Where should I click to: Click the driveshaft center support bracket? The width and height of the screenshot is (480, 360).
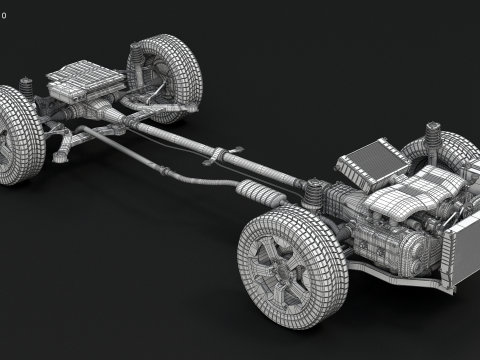pyautogui.click(x=219, y=157)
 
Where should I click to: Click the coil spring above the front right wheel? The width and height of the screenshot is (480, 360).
pyautogui.click(x=434, y=137)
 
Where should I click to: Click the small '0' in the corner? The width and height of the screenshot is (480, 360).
pyautogui.click(x=4, y=16)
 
